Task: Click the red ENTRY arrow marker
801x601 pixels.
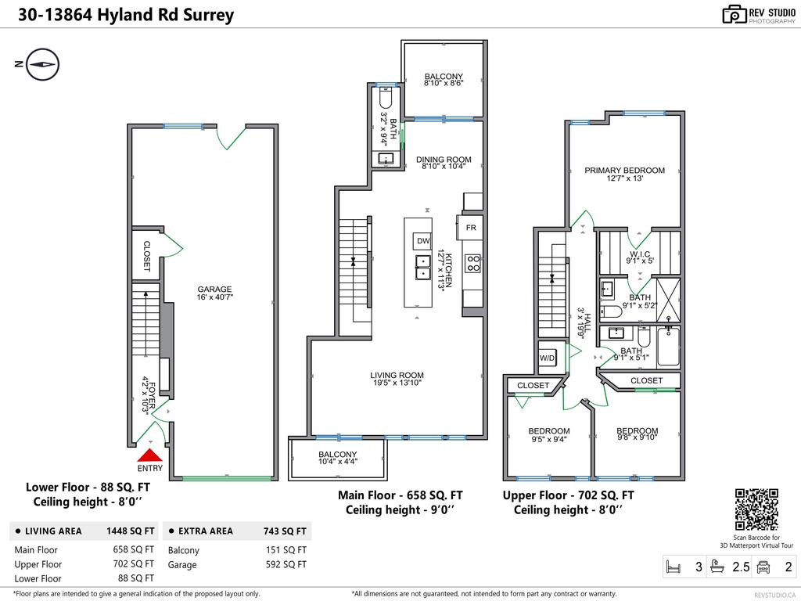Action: [x=149, y=455]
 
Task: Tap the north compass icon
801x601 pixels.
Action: [x=43, y=63]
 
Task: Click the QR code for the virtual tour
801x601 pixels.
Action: [x=756, y=509]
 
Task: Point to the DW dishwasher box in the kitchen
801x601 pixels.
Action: [x=423, y=241]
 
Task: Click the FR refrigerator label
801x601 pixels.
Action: [x=471, y=228]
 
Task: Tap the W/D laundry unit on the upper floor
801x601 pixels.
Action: [x=547, y=358]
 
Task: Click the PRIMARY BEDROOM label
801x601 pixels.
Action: [x=624, y=170]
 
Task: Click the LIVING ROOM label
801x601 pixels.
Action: [x=397, y=376]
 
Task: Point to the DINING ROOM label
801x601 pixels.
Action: [x=444, y=160]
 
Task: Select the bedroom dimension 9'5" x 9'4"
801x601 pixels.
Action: [x=548, y=440]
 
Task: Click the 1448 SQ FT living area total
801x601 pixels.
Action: [x=130, y=531]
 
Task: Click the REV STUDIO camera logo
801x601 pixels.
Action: [x=734, y=14]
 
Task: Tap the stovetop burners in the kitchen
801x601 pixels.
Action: [x=473, y=262]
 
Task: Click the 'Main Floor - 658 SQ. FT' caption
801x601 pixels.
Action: [x=400, y=495]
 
